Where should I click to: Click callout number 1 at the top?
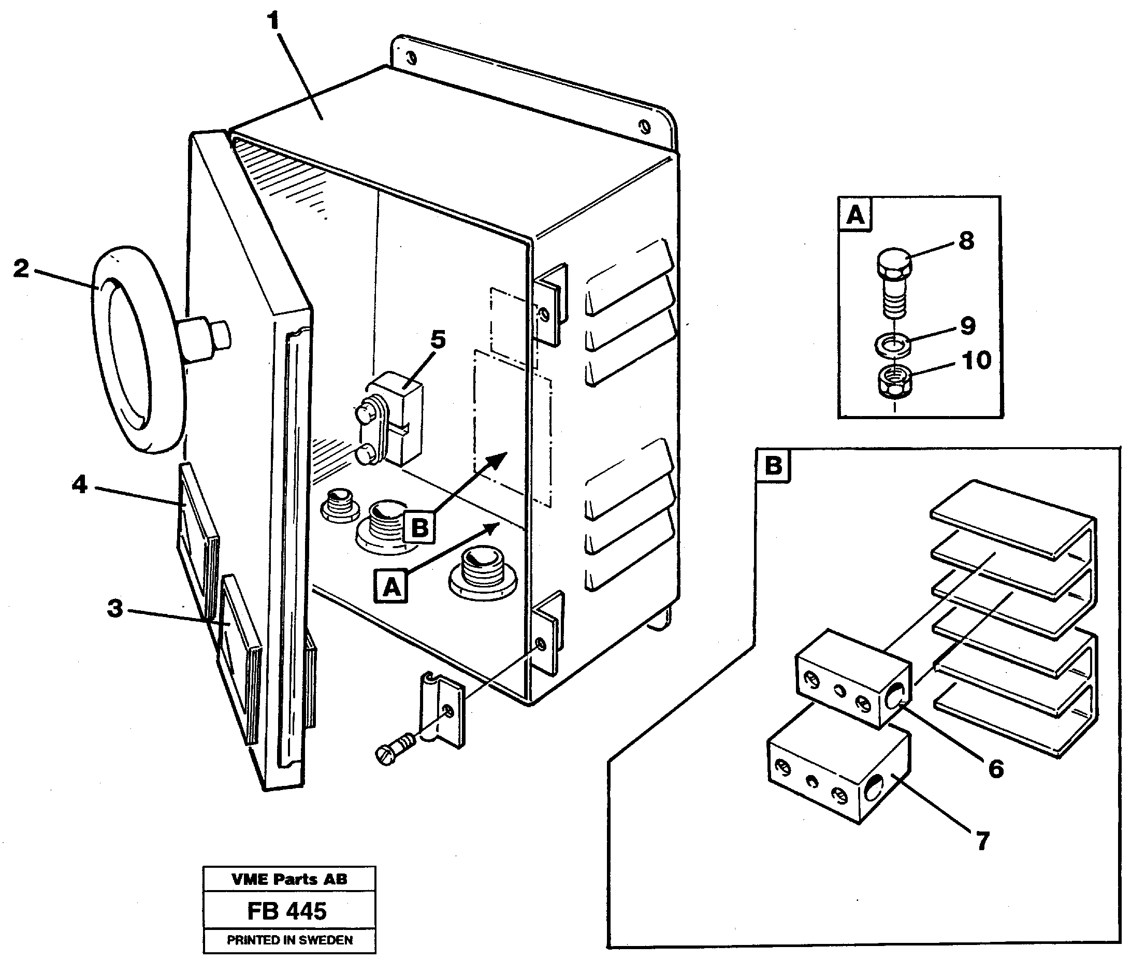[273, 22]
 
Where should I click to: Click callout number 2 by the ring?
[21, 268]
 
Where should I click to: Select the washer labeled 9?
[893, 344]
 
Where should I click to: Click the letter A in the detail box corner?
[855, 214]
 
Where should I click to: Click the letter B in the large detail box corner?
[774, 466]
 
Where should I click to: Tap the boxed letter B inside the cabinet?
[419, 527]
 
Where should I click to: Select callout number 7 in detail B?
[982, 841]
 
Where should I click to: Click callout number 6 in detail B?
[995, 769]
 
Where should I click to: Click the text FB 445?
[287, 912]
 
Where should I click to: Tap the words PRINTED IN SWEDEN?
[289, 940]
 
